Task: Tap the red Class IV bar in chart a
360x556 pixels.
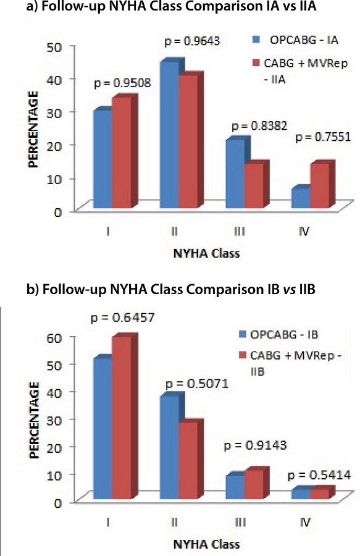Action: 320,185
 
